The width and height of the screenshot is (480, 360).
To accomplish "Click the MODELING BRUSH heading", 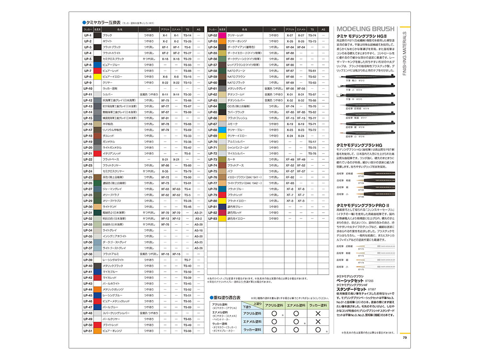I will coord(365,28).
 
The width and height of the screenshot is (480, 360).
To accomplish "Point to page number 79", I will coord(404,337).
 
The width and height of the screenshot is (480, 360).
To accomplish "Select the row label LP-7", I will coord(87,71).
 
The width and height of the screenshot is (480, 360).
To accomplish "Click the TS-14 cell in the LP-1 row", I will coord(187,36).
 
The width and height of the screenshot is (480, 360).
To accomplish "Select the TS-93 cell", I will coord(187,65).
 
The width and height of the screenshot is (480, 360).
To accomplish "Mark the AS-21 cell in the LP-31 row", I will coord(198,213).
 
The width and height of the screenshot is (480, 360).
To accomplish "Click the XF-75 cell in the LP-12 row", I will coord(165,100).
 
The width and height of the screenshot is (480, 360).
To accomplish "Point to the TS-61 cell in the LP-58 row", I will coord(312,71).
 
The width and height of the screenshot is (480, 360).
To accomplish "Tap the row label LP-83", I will coord(212,218).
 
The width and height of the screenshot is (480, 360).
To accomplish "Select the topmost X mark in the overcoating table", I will coord(317,313).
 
